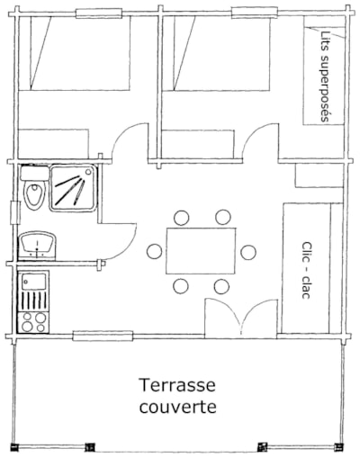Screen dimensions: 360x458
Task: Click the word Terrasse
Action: [177, 385]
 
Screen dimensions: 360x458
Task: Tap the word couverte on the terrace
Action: [177, 407]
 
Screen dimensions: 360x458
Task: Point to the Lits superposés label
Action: [325, 76]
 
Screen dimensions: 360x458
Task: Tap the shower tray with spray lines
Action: [74, 188]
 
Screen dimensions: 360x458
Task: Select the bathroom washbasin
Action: [38, 245]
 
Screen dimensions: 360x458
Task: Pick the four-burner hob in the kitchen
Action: [33, 322]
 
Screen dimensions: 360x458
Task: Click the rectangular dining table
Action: [201, 251]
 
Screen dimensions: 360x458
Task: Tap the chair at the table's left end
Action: [155, 251]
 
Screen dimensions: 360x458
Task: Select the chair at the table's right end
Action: [248, 252]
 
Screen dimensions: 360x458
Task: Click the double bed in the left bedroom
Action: [75, 53]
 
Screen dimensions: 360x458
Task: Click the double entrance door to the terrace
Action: [241, 318]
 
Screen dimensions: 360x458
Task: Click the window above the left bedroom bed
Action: [99, 13]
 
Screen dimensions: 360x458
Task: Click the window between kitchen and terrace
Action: [103, 336]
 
